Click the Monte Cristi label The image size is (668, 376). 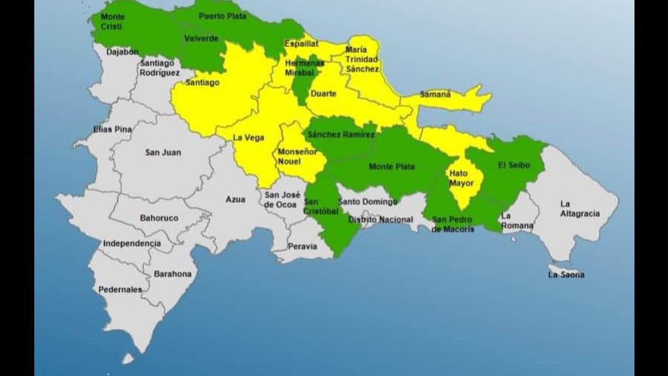[x=113, y=22]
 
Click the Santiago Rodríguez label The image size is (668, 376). [x=160, y=68]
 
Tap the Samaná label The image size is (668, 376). [x=435, y=95]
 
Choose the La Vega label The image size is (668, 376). [x=248, y=137]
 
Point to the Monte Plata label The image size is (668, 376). [x=391, y=166]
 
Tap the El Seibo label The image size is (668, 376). [x=514, y=165]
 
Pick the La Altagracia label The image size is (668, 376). [x=579, y=208]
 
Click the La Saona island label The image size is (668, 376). [x=566, y=275]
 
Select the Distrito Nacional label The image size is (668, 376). [x=380, y=219]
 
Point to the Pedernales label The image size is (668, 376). [x=120, y=289]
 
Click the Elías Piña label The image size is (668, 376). [x=113, y=129]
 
